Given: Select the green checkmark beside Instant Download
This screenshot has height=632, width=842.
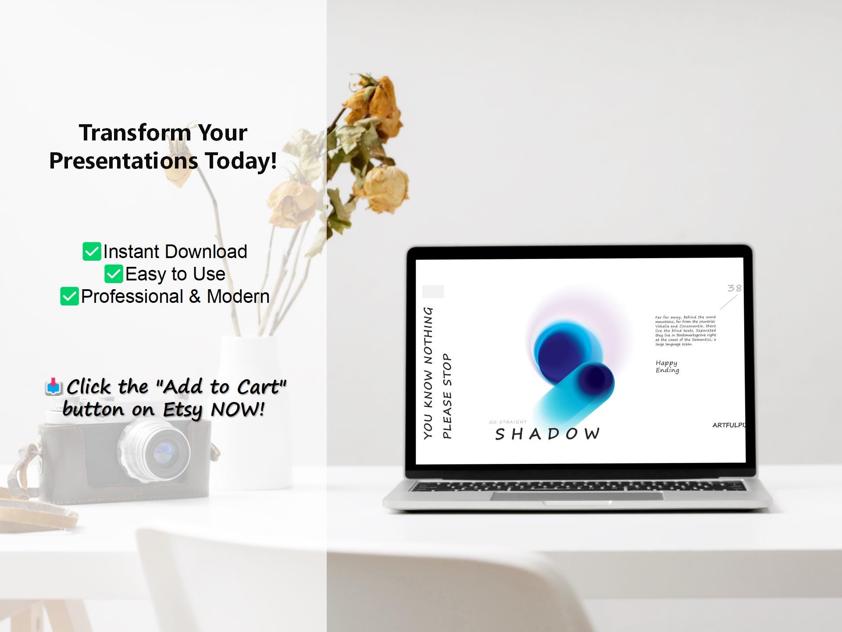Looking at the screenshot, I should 92,251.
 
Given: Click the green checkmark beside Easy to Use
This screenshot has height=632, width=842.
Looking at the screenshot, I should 114,274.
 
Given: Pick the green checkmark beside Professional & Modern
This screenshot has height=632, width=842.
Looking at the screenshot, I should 69,296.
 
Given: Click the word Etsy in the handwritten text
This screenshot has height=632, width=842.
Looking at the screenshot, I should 182,410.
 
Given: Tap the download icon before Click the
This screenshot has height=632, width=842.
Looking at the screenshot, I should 53,387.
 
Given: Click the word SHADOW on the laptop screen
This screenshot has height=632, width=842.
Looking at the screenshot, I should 547,434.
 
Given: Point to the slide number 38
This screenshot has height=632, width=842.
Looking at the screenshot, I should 734,288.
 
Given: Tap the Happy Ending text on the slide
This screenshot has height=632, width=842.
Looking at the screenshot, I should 667,366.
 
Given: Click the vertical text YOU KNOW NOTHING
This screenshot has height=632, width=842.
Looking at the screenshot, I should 428,373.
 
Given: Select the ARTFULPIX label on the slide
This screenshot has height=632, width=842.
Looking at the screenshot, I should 729,425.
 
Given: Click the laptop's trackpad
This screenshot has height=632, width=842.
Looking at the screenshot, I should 577,496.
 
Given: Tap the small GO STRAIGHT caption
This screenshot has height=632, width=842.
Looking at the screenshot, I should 508,422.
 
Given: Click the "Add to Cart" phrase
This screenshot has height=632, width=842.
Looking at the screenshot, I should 221,387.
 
